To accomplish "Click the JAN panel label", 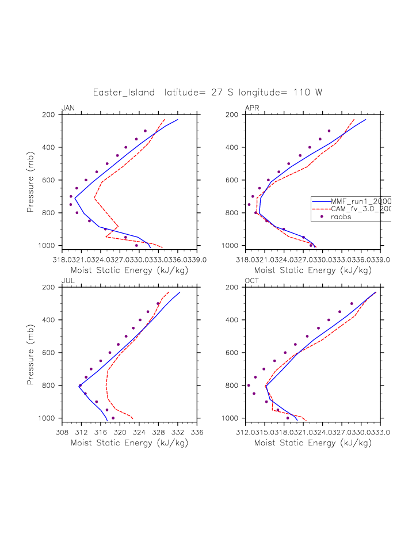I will pyautogui.click(x=68, y=108).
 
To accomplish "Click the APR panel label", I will pyautogui.click(x=252, y=108).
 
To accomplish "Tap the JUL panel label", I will pyautogui.click(x=67, y=281).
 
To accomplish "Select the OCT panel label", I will pyautogui.click(x=252, y=281).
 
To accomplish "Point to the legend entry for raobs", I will pyautogui.click(x=341, y=217).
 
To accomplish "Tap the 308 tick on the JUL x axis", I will pyautogui.click(x=62, y=432).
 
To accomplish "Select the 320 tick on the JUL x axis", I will pyautogui.click(x=120, y=432).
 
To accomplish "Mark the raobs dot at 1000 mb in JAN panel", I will pyautogui.click(x=136, y=245).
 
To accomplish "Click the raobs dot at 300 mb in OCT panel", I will pyautogui.click(x=352, y=303).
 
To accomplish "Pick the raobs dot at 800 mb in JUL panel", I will pyautogui.click(x=80, y=386).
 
